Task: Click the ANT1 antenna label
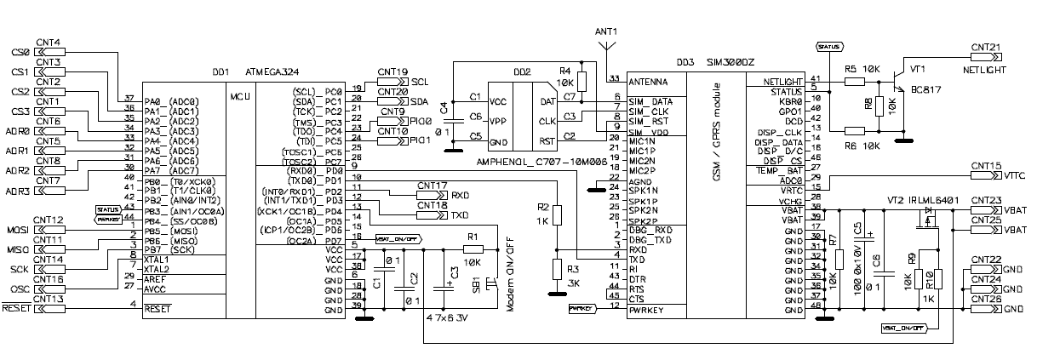[605, 31]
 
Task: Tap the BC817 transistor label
[928, 89]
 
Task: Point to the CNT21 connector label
[988, 46]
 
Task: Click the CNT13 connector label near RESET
[48, 299]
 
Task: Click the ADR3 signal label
[17, 191]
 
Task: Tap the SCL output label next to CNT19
[420, 81]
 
